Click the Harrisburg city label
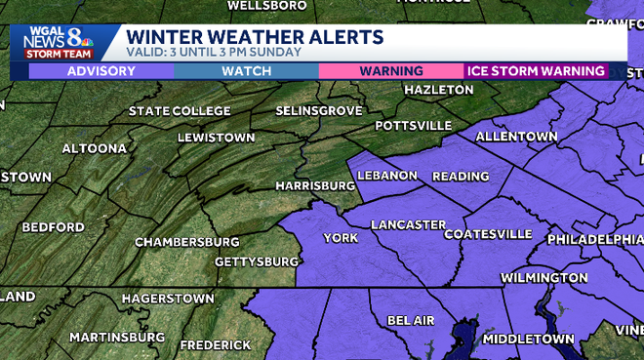(x=314, y=185)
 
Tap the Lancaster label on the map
(x=408, y=225)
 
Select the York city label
(x=341, y=238)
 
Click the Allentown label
(x=516, y=137)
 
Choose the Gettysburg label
(x=256, y=262)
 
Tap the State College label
(x=180, y=111)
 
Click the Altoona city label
(x=94, y=148)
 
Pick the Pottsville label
(x=414, y=126)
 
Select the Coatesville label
(x=488, y=235)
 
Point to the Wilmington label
(x=543, y=278)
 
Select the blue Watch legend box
(x=246, y=71)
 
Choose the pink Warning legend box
(x=390, y=71)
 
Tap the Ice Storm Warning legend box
(x=535, y=71)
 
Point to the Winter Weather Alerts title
(x=255, y=37)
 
